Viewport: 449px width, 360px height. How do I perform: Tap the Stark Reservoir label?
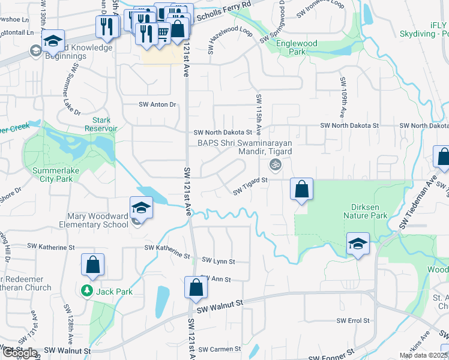point(101,124)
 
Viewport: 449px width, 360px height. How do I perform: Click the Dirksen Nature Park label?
point(365,211)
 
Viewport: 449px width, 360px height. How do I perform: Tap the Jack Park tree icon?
point(87,291)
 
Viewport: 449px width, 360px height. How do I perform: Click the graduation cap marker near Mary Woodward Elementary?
point(141,208)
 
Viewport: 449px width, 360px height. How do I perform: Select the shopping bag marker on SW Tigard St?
point(301,190)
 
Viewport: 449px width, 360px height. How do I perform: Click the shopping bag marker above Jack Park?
point(93,265)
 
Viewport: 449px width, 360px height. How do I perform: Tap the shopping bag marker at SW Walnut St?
point(196,288)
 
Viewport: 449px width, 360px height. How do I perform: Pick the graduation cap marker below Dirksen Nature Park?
point(358,244)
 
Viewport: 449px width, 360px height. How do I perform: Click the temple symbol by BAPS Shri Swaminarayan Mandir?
point(276,164)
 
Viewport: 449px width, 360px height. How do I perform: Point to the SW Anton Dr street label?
point(158,104)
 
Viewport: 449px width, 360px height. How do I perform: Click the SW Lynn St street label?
point(218,261)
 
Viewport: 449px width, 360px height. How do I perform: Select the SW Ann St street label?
point(215,279)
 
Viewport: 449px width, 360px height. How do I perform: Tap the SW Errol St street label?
point(353,320)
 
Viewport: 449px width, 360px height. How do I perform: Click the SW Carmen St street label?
point(219,349)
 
